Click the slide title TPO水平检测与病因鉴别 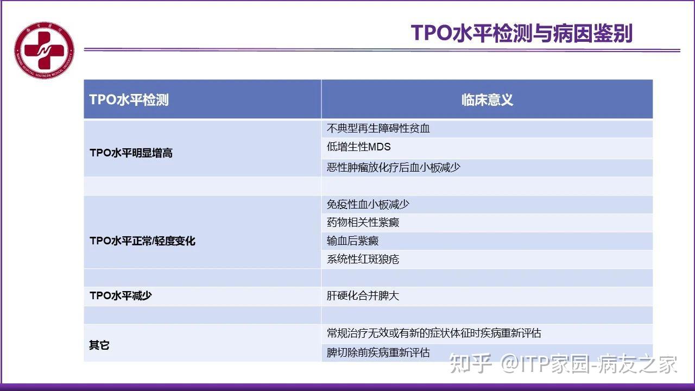[x=521, y=33]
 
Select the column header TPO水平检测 [x=129, y=100]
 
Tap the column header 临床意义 [x=487, y=100]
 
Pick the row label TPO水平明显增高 [x=131, y=153]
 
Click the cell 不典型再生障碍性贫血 [x=378, y=129]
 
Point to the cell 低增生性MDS [x=359, y=147]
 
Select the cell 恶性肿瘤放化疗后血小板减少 [x=394, y=167]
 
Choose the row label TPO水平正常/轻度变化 [x=142, y=241]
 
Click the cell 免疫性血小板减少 [x=368, y=204]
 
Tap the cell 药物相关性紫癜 [x=363, y=223]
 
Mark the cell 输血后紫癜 [x=353, y=241]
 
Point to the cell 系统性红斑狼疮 [x=363, y=259]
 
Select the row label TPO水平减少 [x=121, y=296]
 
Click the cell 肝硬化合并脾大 [x=363, y=296]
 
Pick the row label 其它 [x=99, y=345]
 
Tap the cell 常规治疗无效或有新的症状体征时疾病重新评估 [x=434, y=333]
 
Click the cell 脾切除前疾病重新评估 [x=378, y=352]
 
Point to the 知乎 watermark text [x=470, y=364]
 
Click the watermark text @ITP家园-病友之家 [x=589, y=364]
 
